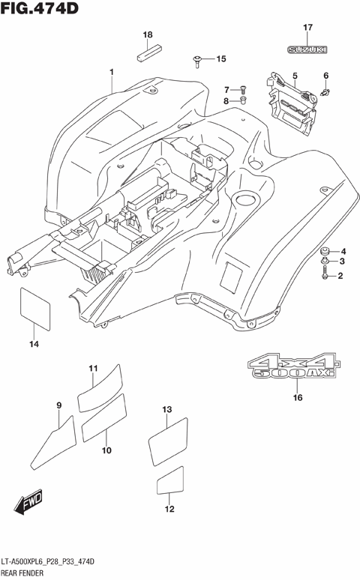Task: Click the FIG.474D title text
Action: [x=41, y=10]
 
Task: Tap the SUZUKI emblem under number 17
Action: [x=307, y=49]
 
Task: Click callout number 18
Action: [x=148, y=35]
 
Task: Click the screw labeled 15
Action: [x=196, y=58]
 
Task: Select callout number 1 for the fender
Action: [x=111, y=72]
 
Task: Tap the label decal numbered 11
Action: [x=100, y=386]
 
